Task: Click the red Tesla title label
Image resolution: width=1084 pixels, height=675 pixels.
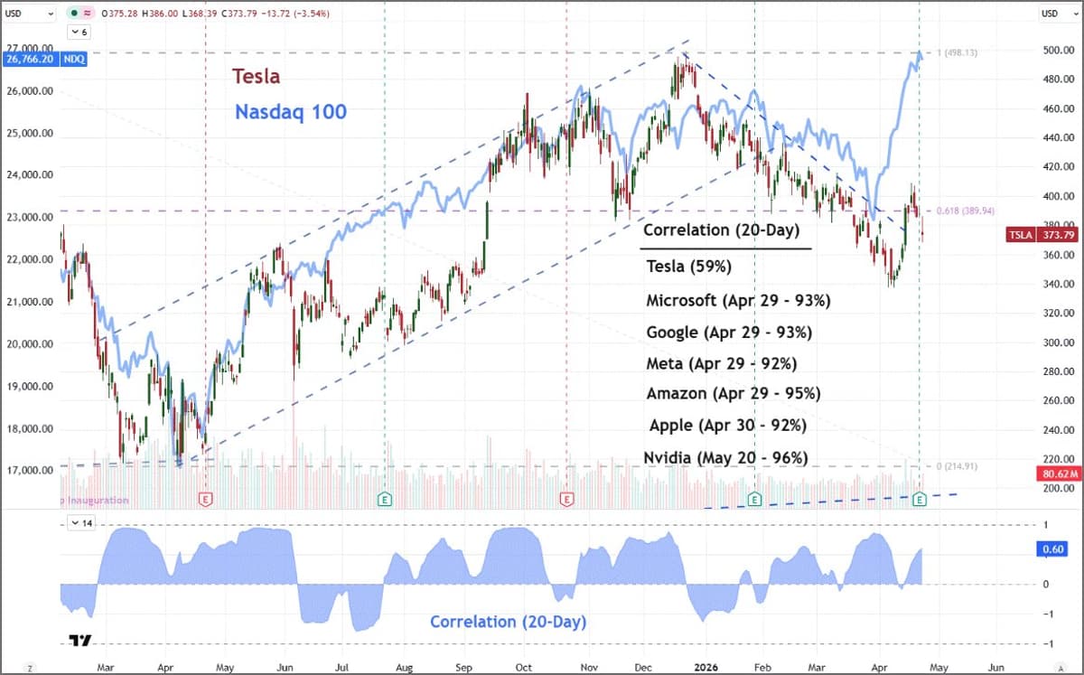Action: pos(256,77)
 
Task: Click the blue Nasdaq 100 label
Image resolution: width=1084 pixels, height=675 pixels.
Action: pos(290,112)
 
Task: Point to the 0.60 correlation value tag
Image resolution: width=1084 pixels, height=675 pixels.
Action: pos(1055,548)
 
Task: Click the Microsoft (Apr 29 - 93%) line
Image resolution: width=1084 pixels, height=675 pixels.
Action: pos(738,300)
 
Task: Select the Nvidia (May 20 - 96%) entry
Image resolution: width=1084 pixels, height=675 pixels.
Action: pos(725,457)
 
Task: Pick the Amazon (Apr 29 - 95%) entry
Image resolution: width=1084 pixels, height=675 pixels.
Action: pos(733,393)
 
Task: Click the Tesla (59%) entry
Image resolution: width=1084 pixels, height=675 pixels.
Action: pos(688,267)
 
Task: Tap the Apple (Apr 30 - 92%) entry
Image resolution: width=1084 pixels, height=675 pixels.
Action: pos(727,425)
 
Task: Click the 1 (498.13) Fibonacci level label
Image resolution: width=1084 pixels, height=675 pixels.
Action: pos(962,53)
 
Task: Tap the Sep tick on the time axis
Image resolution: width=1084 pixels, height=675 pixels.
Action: pos(464,668)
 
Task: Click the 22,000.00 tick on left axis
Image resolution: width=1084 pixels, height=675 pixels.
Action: pos(29,259)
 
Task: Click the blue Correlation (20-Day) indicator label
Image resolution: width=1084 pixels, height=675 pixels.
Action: pos(508,622)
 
